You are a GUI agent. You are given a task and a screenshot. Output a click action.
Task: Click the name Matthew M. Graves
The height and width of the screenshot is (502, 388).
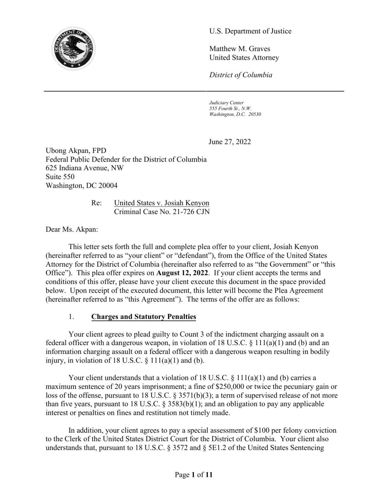pyautogui.click(x=240, y=49)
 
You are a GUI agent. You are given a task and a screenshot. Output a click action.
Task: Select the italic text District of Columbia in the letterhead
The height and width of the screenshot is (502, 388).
pyautogui.click(x=241, y=75)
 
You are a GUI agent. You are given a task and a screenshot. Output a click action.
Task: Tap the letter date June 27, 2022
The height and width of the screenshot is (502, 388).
pyautogui.click(x=230, y=142)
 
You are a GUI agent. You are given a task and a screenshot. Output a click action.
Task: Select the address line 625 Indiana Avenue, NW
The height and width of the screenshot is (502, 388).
pyautogui.click(x=85, y=168)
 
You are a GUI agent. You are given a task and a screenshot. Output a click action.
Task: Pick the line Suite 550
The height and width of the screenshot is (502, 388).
pyautogui.click(x=60, y=177)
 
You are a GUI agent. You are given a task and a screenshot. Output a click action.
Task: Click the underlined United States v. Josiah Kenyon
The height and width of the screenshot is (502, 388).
pyautogui.click(x=162, y=203)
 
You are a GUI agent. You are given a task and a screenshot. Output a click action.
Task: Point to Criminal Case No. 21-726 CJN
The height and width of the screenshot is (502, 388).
pyautogui.click(x=162, y=211)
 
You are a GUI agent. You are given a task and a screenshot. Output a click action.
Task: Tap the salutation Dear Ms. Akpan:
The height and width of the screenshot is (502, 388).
pyautogui.click(x=72, y=229)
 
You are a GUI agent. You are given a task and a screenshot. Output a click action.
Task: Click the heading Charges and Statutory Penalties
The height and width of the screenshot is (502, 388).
pyautogui.click(x=144, y=317)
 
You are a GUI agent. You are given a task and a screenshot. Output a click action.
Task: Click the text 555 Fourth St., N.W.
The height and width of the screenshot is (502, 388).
pyautogui.click(x=230, y=108)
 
